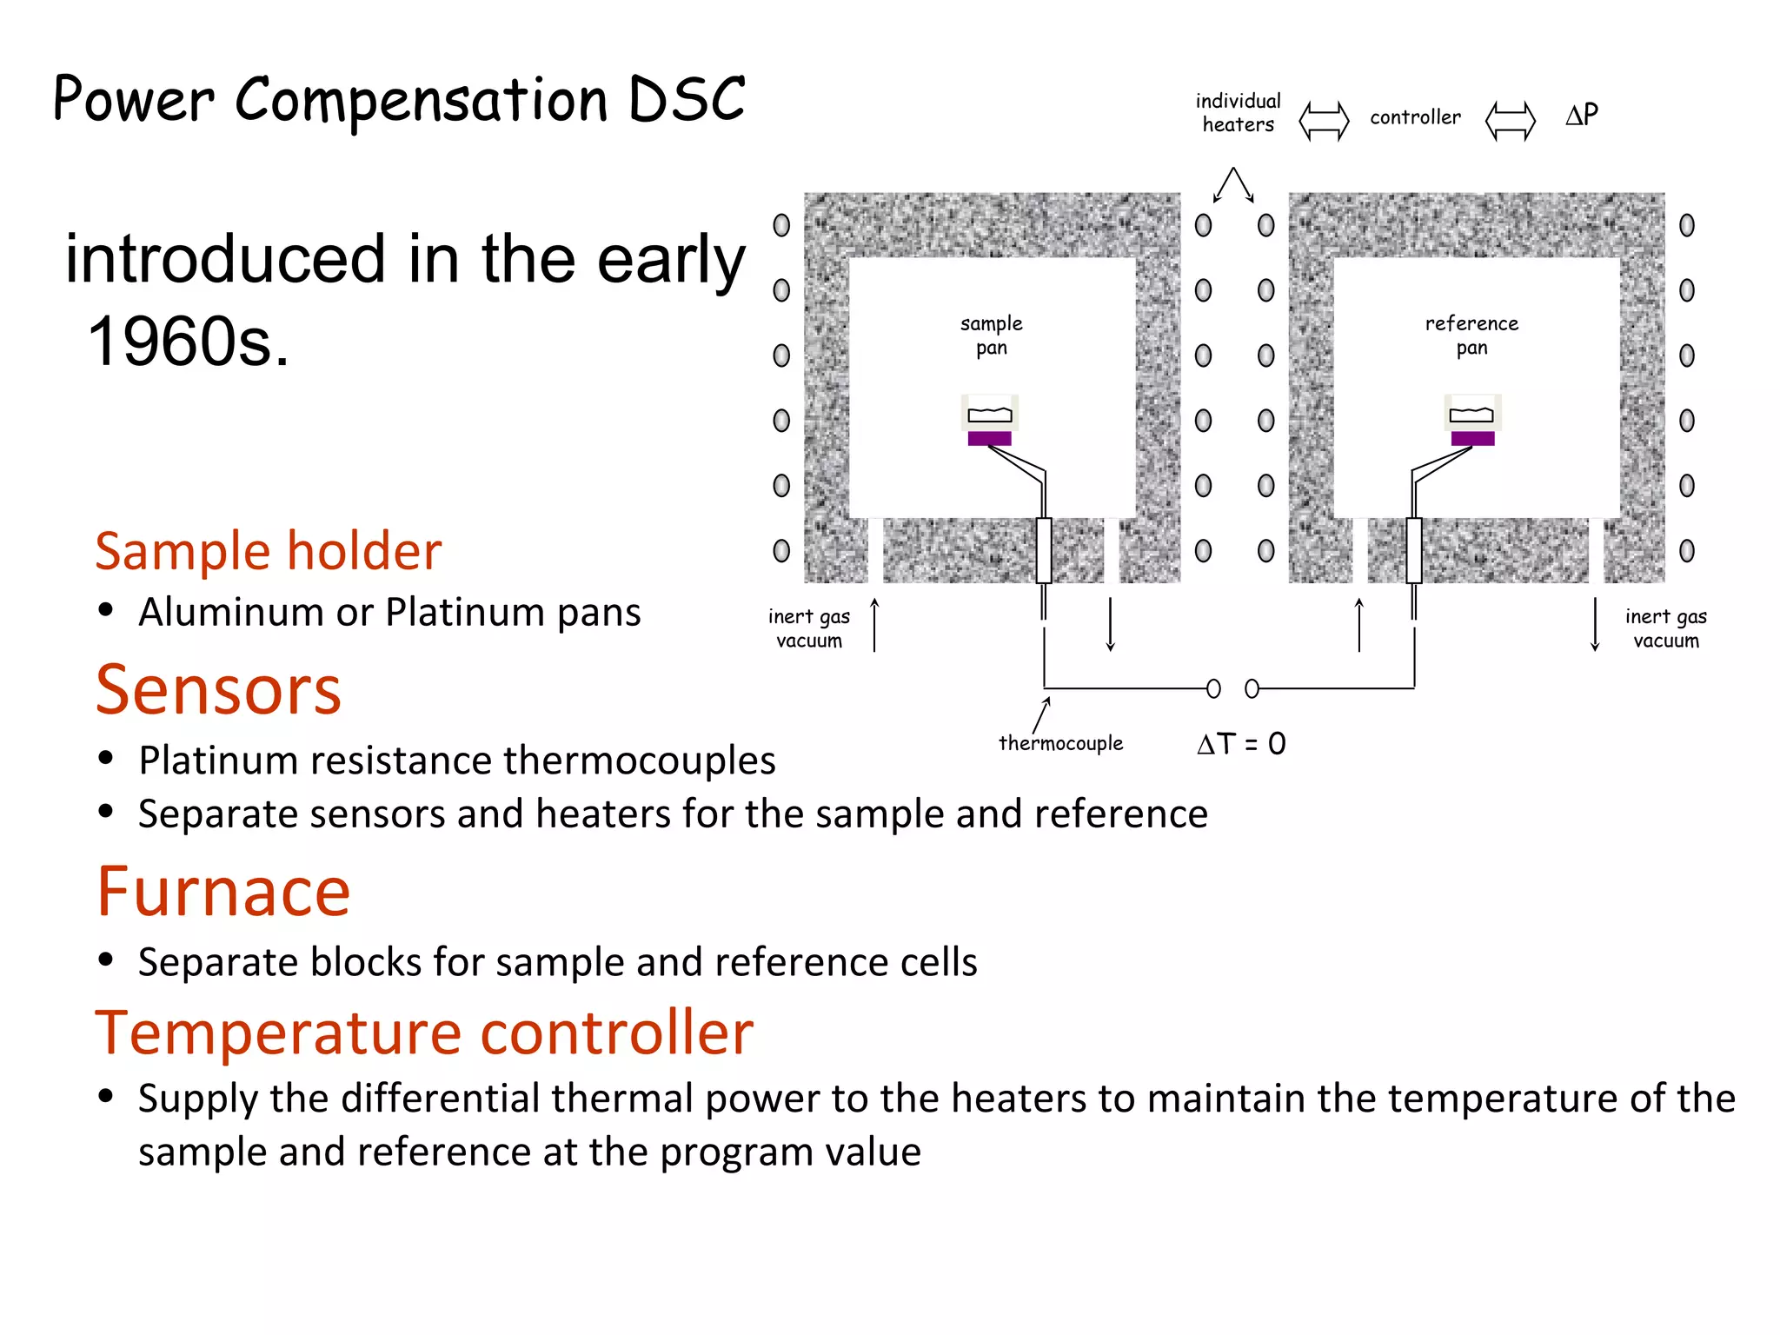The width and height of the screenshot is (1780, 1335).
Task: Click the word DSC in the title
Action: [x=686, y=99]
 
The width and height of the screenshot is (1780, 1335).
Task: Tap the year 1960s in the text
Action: [x=188, y=342]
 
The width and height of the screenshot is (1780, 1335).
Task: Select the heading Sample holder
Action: [x=268, y=551]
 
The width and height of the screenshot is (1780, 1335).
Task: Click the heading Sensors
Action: [x=218, y=689]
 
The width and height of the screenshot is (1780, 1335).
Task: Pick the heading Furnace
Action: [x=223, y=892]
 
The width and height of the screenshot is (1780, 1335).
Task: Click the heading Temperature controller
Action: [x=423, y=1033]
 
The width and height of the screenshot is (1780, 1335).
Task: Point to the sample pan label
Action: [x=991, y=335]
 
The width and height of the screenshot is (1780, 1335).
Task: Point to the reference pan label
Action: [x=1471, y=335]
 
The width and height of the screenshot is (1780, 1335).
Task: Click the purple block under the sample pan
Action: [x=989, y=439]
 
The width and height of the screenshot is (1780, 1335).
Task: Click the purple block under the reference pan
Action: [x=1472, y=439]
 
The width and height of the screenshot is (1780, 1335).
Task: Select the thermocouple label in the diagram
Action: [x=1060, y=743]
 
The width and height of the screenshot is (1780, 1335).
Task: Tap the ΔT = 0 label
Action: [x=1241, y=744]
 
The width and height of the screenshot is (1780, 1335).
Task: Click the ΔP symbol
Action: [x=1582, y=115]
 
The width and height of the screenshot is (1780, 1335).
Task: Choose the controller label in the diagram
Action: [x=1415, y=117]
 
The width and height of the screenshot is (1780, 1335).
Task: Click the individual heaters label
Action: [x=1238, y=113]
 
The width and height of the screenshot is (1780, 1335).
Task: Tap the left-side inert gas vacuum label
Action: [x=809, y=628]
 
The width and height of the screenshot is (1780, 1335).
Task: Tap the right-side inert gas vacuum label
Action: [x=1665, y=628]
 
